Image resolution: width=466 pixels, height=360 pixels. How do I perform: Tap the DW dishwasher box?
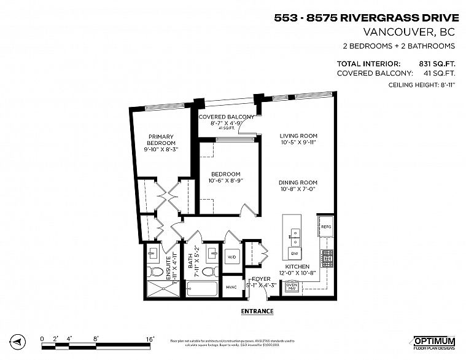(x=295, y=253)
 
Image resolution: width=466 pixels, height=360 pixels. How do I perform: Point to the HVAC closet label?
(x=231, y=287)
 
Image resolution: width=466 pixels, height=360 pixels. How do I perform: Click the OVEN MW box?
(x=292, y=286)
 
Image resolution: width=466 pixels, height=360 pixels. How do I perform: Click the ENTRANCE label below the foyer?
(x=256, y=311)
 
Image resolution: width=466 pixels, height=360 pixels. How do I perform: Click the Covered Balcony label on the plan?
(x=226, y=117)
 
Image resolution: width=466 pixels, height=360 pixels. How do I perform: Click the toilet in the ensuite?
(x=155, y=272)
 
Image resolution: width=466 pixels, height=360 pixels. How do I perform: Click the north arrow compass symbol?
(x=18, y=341)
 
